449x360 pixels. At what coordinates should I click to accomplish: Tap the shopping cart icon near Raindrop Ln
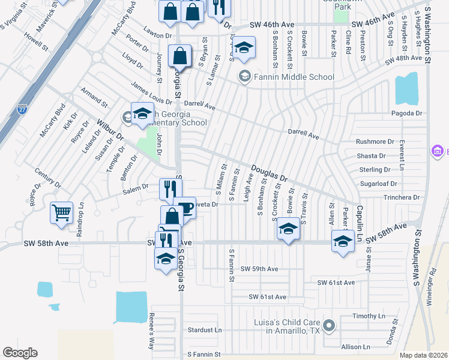coord(62,213)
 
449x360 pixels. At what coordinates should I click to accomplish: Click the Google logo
coord(20,353)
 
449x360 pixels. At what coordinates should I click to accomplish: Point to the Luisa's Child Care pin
coord(328,326)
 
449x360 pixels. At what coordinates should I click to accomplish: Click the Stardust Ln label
coord(205,330)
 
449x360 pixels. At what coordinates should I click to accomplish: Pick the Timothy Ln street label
coord(369,316)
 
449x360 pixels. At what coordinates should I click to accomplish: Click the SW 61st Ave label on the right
coord(336,282)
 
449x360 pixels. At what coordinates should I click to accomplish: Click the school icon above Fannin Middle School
coord(244,48)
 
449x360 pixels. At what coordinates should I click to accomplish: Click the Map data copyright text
coord(424,355)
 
